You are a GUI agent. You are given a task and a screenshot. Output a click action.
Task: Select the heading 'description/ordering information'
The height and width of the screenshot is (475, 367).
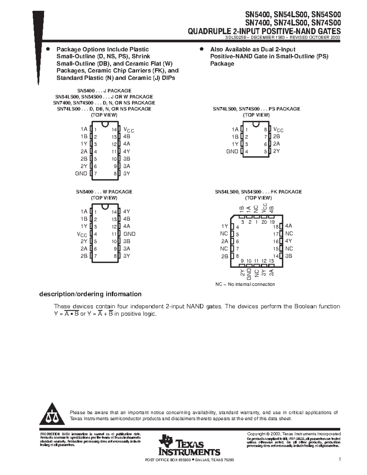[90, 294]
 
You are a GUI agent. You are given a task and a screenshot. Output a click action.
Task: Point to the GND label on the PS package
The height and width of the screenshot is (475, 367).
[232, 151]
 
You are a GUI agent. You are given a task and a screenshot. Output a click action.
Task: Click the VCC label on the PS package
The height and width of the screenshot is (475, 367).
[278, 130]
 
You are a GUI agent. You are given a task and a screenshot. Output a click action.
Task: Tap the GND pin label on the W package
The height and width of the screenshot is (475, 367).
[129, 234]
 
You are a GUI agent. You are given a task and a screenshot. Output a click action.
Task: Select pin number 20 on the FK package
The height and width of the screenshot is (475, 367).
[264, 222]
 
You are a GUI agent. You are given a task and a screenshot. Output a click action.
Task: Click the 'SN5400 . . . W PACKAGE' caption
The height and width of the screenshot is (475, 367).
[104, 192]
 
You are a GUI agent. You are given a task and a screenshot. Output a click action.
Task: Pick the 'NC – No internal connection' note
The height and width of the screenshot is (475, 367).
[245, 284]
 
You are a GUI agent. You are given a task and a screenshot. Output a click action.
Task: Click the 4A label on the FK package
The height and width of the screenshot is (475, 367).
[289, 226]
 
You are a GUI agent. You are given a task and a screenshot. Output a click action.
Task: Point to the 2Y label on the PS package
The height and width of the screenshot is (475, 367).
[276, 151]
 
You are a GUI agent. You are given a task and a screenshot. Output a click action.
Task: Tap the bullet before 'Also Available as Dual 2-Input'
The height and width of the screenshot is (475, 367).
[201, 49]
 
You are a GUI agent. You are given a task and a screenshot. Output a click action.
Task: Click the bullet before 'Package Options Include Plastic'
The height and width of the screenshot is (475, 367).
[47, 49]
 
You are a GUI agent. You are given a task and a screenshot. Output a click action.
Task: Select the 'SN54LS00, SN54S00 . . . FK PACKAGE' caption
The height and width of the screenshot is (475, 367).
[258, 192]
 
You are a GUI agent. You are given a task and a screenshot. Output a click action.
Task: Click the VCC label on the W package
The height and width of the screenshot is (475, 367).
[82, 234]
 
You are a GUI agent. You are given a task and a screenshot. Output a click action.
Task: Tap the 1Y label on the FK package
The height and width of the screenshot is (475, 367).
[225, 226]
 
